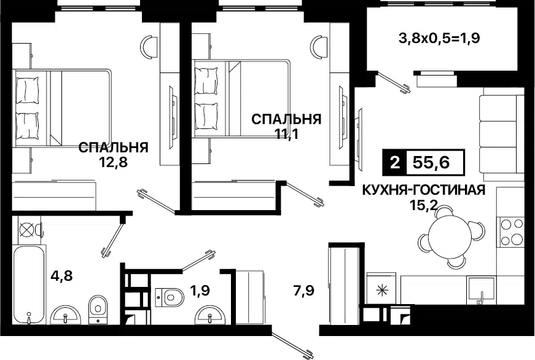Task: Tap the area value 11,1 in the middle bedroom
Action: pos(286,133)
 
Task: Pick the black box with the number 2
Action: pos(393,162)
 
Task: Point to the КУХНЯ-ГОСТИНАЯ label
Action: pos(424,190)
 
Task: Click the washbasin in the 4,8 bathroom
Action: pos(66,315)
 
